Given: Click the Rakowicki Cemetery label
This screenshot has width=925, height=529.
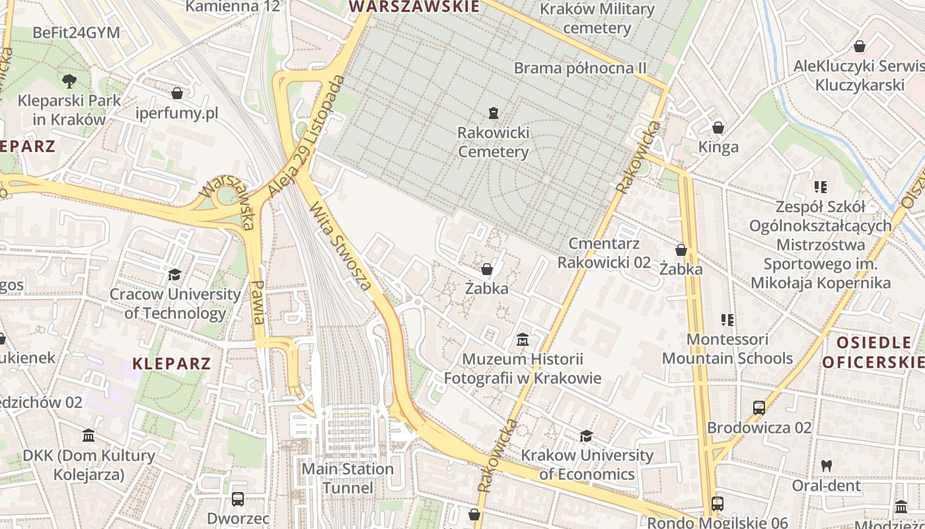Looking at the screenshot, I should coord(494,142).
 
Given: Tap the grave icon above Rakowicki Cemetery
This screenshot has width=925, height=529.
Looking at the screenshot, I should coord(494,112).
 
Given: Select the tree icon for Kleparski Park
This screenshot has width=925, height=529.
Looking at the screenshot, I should coord(69,81).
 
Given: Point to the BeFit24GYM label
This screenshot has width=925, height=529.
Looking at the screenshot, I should coord(76,32).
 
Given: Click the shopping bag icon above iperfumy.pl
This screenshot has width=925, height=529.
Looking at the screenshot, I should coord(176,93).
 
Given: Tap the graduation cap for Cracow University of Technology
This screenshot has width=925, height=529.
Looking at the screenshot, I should coord(175,274).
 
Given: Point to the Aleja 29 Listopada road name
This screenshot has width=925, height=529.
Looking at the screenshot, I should coord(307,137).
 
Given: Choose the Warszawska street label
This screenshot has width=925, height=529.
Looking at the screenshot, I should coord(227,202).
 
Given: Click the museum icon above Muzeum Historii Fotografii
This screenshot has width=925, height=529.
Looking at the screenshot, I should coord(523,340).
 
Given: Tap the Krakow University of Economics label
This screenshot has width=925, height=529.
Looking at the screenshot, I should coord(587,464).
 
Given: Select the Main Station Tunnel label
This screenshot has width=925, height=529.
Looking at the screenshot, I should coord(348,478).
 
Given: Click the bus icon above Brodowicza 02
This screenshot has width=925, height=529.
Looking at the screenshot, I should coord(759,408).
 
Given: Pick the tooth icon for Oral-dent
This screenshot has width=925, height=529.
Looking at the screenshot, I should coord(826,466).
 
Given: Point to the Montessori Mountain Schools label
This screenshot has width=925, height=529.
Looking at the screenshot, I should coord(727,348).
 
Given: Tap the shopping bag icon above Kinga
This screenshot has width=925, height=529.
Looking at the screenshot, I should coord(718,127).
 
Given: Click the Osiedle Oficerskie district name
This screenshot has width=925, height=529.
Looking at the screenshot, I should coord(873,352).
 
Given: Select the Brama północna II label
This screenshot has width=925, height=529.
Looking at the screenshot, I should coord(580,68).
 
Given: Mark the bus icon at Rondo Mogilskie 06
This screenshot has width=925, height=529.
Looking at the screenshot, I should coord(718,503).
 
